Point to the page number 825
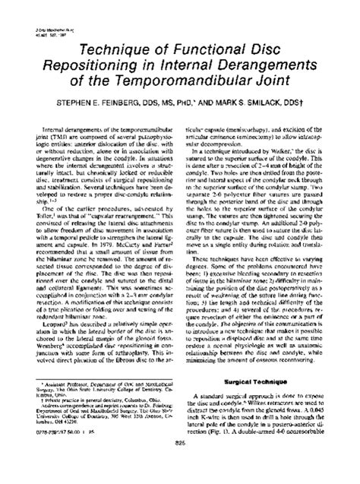coord(180,465)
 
